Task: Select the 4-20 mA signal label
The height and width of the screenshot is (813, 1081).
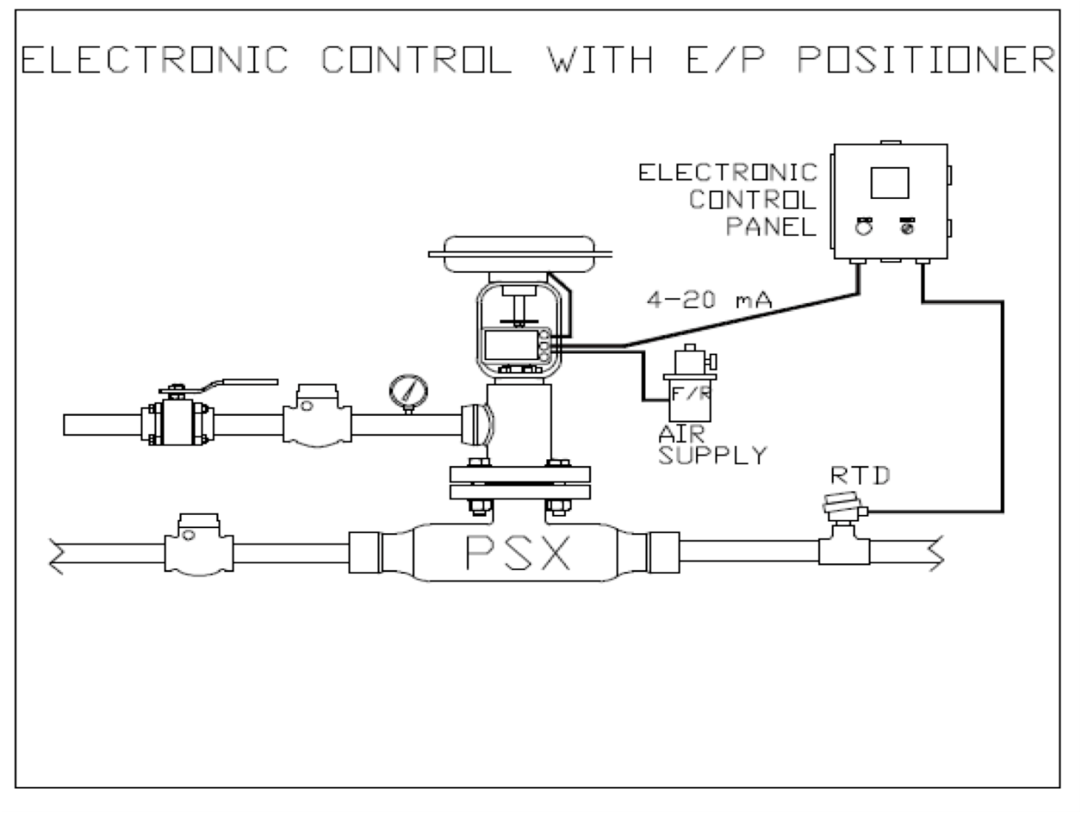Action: (709, 300)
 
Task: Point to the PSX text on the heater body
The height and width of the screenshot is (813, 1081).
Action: (517, 554)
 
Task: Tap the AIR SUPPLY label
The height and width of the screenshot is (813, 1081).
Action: (712, 445)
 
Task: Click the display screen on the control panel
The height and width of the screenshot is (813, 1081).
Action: (890, 182)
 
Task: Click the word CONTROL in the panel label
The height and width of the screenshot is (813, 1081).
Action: (753, 199)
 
